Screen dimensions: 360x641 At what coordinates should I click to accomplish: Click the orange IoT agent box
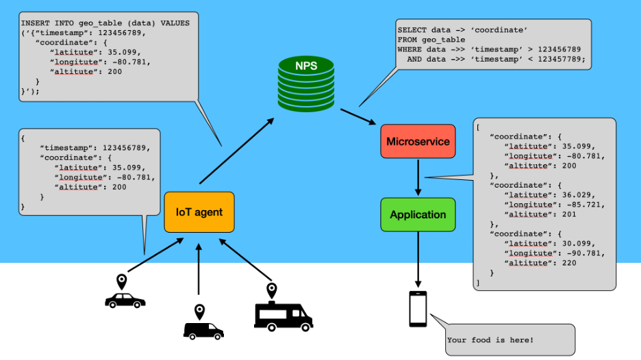tap(199, 212)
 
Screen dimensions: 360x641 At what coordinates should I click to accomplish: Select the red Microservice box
tap(418, 142)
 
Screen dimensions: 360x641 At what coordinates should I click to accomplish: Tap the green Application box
tap(418, 214)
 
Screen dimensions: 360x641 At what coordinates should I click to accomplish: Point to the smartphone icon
tap(418, 309)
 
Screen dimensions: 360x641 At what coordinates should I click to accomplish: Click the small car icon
tap(125, 300)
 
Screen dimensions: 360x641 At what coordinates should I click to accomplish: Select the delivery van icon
tap(203, 331)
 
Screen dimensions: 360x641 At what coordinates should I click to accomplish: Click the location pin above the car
tap(122, 281)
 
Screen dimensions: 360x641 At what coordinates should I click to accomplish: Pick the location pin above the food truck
tap(271, 290)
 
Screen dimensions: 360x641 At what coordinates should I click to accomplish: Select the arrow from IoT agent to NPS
tap(236, 151)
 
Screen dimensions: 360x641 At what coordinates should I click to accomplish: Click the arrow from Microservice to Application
tap(418, 179)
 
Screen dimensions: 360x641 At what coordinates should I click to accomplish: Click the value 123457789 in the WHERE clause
tap(559, 59)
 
